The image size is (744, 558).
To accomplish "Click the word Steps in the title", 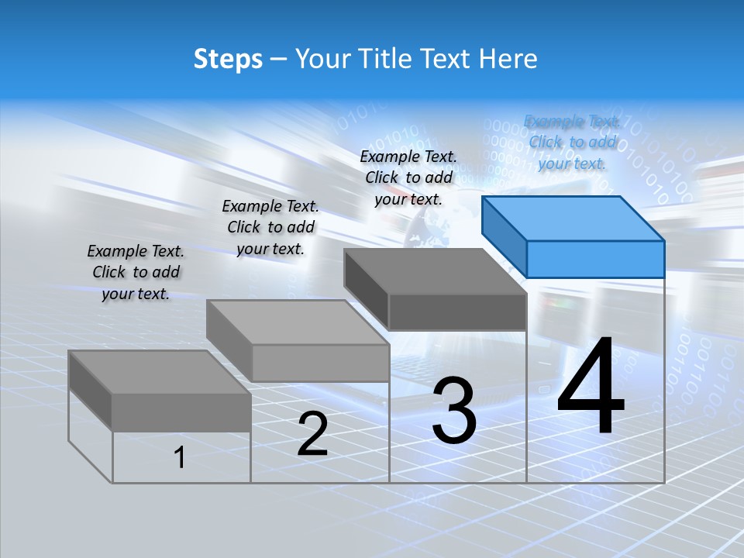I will pos(228,59).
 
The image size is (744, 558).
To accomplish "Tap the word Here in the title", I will pos(508,59).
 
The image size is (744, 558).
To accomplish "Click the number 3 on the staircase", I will pos(454,411).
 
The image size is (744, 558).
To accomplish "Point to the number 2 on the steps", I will pos(312,434).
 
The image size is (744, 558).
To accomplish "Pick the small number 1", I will pos(180,458).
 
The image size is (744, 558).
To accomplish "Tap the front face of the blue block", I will pos(595,259).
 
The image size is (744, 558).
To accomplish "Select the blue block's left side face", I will pos(504,236).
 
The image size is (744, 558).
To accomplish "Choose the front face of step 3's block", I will pos(457,312).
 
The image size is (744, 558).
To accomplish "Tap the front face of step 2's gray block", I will pos(321,363).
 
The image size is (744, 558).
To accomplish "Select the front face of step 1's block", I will pos(181,412).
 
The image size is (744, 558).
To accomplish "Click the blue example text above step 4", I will pos(572,142).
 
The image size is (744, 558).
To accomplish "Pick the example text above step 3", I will pos(408,177).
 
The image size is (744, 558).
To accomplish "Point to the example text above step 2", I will pos(270,227).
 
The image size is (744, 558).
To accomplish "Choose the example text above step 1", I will pos(136,272).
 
